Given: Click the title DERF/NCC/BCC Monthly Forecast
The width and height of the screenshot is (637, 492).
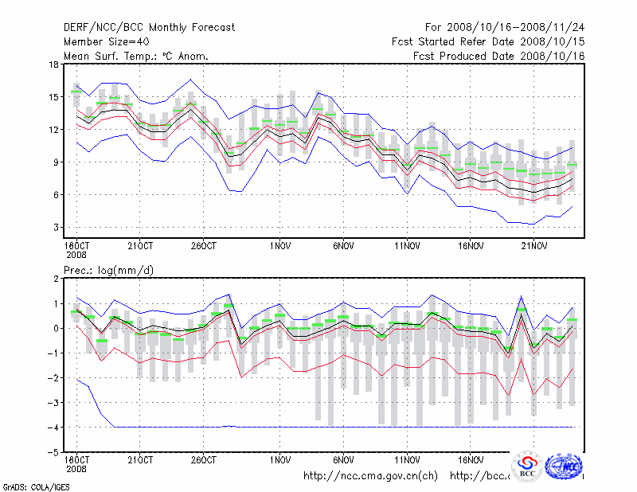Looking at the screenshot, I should pyautogui.click(x=149, y=28).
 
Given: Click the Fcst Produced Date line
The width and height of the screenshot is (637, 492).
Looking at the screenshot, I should pyautogui.click(x=498, y=56).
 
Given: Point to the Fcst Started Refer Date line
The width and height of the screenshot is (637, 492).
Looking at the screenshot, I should pyautogui.click(x=488, y=41).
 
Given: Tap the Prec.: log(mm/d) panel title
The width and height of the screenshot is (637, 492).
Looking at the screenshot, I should pyautogui.click(x=108, y=271).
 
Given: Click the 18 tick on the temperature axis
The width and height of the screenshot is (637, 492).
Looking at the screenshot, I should pyautogui.click(x=54, y=64).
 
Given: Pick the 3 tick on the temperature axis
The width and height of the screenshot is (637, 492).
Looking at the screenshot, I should pyautogui.click(x=56, y=228).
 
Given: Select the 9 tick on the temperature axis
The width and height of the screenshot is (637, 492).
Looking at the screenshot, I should pyautogui.click(x=56, y=162).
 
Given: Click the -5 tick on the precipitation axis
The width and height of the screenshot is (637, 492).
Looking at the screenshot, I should pyautogui.click(x=53, y=451).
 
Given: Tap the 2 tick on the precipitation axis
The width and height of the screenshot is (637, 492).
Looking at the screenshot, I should pyautogui.click(x=56, y=279).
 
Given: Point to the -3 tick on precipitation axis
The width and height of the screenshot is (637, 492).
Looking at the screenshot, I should pyautogui.click(x=53, y=402).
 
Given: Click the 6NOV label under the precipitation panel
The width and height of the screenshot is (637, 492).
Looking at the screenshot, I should pyautogui.click(x=343, y=460).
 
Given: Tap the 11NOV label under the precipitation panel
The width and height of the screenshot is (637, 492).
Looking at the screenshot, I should pyautogui.click(x=407, y=460).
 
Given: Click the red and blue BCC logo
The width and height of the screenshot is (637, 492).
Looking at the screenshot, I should pyautogui.click(x=527, y=467).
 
